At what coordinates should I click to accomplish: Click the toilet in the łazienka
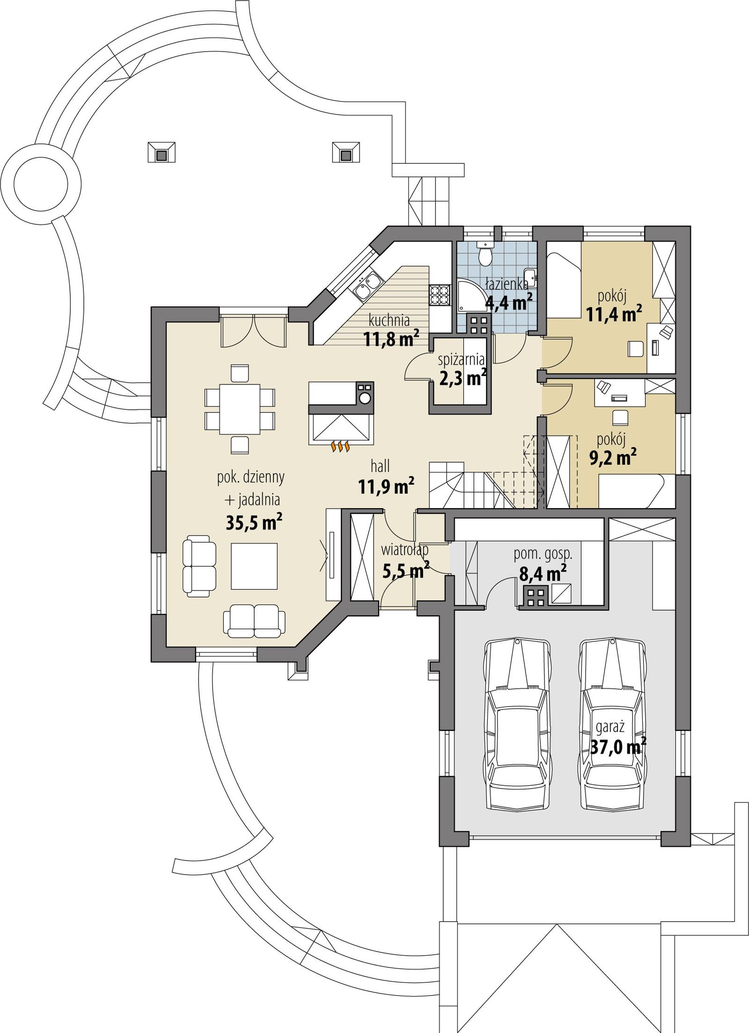click(485, 254)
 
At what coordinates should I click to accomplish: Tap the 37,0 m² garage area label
click(618, 747)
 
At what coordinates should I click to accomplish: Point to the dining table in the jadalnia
click(240, 409)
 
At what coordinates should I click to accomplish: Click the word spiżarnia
click(461, 360)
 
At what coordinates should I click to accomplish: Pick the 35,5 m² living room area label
click(254, 523)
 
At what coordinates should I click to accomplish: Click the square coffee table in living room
click(254, 566)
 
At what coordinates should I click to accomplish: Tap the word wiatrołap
click(404, 550)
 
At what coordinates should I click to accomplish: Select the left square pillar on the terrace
click(162, 152)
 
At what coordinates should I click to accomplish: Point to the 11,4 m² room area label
click(614, 314)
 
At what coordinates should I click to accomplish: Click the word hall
click(380, 466)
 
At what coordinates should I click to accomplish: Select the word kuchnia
click(389, 321)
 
